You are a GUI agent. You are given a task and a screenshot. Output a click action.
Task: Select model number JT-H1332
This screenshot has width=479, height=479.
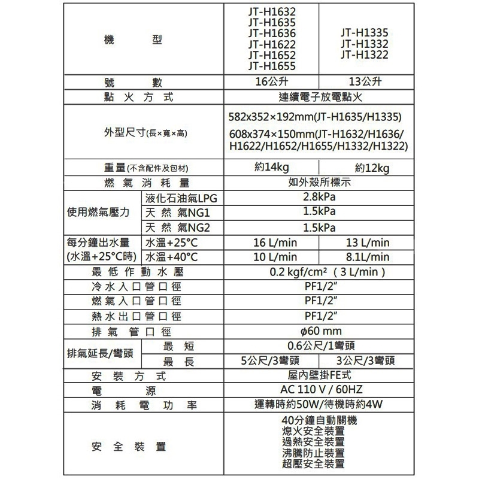click(363, 44)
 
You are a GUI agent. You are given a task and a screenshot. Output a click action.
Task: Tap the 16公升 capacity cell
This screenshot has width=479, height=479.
click(272, 82)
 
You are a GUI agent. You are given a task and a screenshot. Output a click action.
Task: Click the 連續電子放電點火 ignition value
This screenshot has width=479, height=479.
click(319, 96)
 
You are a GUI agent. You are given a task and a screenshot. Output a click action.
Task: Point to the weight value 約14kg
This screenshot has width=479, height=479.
click(272, 168)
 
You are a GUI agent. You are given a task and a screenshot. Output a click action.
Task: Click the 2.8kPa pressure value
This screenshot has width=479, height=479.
click(319, 198)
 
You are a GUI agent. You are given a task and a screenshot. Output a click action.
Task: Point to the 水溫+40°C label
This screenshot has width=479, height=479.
click(171, 257)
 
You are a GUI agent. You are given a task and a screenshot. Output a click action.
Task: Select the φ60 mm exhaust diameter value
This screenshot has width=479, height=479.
click(319, 331)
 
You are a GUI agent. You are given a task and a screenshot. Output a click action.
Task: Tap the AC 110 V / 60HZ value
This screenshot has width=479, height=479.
click(319, 390)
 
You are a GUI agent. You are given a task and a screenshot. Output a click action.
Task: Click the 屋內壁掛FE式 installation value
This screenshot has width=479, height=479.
click(319, 375)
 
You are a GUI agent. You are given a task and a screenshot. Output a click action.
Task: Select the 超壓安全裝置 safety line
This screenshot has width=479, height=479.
click(313, 464)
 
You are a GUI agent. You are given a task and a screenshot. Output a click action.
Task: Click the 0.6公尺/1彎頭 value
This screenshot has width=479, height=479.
click(319, 346)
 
